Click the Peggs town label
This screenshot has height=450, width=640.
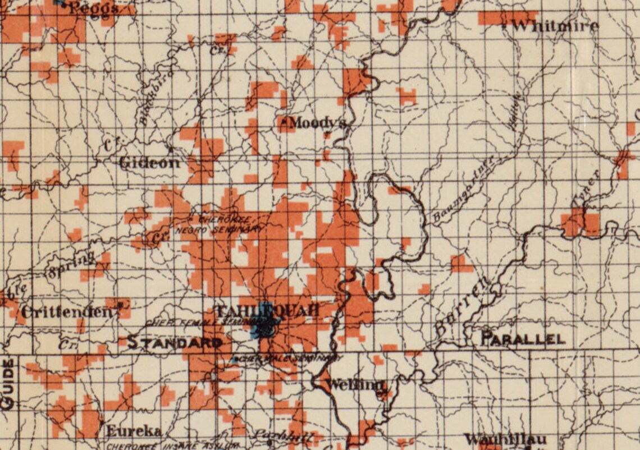click(94, 8)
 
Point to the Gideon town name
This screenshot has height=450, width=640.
click(150, 163)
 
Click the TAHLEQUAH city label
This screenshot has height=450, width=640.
click(267, 310)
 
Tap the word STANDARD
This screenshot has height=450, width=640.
click(175, 342)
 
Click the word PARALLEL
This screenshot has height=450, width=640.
click(523, 339)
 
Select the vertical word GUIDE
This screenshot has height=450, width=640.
click(8, 384)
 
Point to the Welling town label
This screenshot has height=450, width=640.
click(356, 385)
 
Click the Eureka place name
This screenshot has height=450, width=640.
click(134, 431)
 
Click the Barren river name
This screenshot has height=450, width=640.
click(460, 309)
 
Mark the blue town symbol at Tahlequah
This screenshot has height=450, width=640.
click(263, 325)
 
